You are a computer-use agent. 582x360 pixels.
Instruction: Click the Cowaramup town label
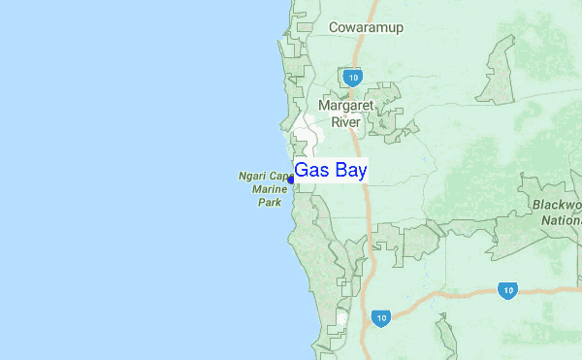tap(366, 27)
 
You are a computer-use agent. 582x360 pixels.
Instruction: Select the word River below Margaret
tap(346, 122)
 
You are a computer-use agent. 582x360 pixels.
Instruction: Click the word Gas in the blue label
tap(311, 170)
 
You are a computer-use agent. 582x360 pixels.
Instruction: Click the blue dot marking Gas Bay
tap(291, 180)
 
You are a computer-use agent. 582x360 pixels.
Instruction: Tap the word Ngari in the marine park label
tap(252, 177)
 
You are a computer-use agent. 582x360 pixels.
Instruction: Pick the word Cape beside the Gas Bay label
tap(280, 177)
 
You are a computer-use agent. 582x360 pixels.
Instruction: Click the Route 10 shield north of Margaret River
tap(351, 76)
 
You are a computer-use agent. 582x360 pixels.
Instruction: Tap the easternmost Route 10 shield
tap(505, 290)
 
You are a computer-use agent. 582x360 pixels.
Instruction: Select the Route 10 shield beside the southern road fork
tap(381, 317)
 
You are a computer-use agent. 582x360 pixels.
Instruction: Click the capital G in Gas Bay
tap(302, 170)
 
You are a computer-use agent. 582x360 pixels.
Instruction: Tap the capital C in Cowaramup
tap(334, 27)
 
